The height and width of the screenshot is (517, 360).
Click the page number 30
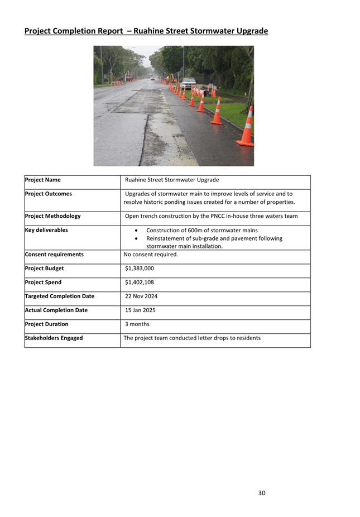click(262, 493)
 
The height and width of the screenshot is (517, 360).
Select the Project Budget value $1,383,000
click(140, 269)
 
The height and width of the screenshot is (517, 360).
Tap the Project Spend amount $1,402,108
click(140, 283)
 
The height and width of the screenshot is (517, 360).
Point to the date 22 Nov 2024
click(141, 296)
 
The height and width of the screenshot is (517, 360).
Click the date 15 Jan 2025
click(140, 310)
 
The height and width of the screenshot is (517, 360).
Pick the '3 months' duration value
click(137, 324)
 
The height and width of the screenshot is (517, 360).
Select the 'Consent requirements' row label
click(54, 255)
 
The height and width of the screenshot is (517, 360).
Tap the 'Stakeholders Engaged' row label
click(54, 338)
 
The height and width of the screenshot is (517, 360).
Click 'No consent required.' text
click(151, 255)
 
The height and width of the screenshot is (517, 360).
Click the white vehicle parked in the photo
click(188, 83)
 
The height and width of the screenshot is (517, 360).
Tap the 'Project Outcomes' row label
click(49, 194)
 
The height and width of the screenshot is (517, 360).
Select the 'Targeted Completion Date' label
click(60, 296)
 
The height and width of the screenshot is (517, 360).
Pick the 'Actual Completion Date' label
click(56, 310)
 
